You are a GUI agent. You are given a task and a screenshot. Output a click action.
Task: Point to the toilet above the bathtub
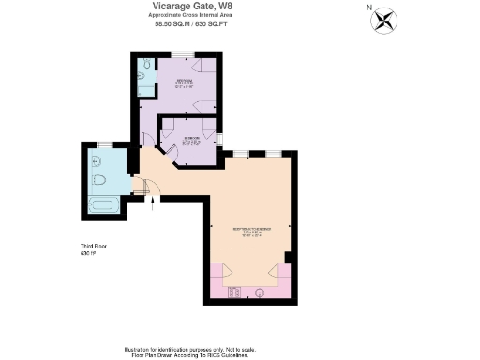(100, 179)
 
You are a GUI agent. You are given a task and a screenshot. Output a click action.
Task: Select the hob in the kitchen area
(235, 292)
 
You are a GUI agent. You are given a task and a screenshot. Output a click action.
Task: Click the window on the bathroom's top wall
(105, 143)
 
